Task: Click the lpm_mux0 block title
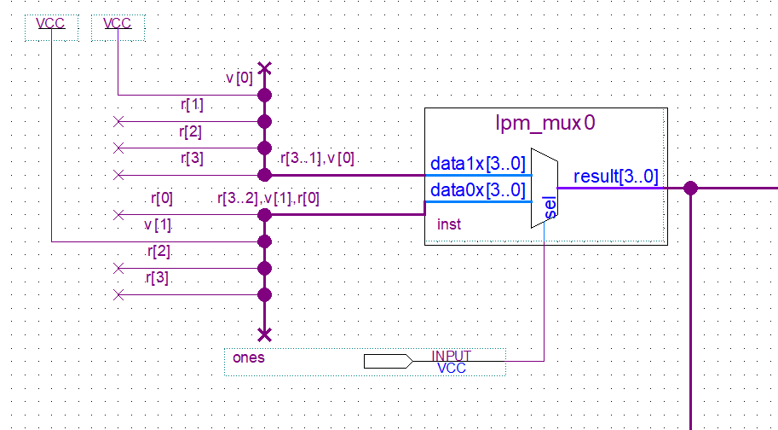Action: pyautogui.click(x=545, y=123)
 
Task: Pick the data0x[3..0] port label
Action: pyautogui.click(x=477, y=190)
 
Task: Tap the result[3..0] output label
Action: pyautogui.click(x=615, y=177)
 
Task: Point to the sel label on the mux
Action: pyautogui.click(x=550, y=209)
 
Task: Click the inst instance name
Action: pyautogui.click(x=448, y=224)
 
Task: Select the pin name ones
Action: pyautogui.click(x=249, y=357)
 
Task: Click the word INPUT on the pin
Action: pyautogui.click(x=451, y=356)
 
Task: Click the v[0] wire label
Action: pyautogui.click(x=239, y=78)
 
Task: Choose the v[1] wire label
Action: pyautogui.click(x=158, y=225)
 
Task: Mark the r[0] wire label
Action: pyautogui.click(x=162, y=199)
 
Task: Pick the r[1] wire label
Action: pyautogui.click(x=192, y=105)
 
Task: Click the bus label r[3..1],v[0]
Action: pyautogui.click(x=317, y=159)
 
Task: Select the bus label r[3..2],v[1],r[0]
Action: pyautogui.click(x=268, y=199)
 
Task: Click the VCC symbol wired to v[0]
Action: pyautogui.click(x=118, y=24)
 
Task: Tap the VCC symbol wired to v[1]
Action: pyautogui.click(x=51, y=24)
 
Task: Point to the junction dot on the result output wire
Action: pyautogui.click(x=690, y=188)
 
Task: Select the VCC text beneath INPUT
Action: pyautogui.click(x=451, y=369)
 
